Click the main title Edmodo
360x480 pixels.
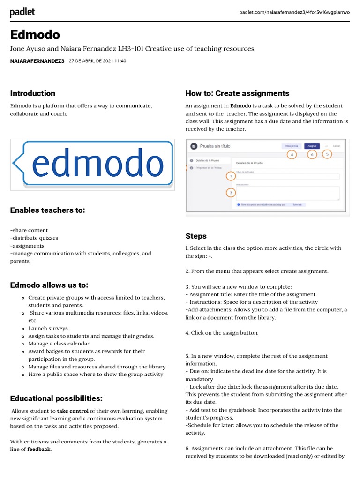click(35, 35)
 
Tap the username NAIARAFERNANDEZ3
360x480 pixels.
click(37, 61)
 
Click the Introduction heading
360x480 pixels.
click(33, 93)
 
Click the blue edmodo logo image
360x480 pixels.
click(93, 164)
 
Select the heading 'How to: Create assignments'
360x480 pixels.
click(237, 93)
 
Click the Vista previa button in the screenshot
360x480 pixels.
click(292, 146)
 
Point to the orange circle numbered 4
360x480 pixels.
click(292, 154)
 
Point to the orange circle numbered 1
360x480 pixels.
click(230, 176)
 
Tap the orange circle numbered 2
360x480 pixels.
click(230, 193)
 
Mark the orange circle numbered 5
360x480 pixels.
click(327, 153)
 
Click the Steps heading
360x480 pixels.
click(196, 236)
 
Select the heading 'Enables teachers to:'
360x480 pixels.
click(47, 210)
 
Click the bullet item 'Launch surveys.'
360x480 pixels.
click(49, 328)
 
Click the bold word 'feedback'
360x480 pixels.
click(39, 449)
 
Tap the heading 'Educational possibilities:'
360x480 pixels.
click(56, 398)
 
